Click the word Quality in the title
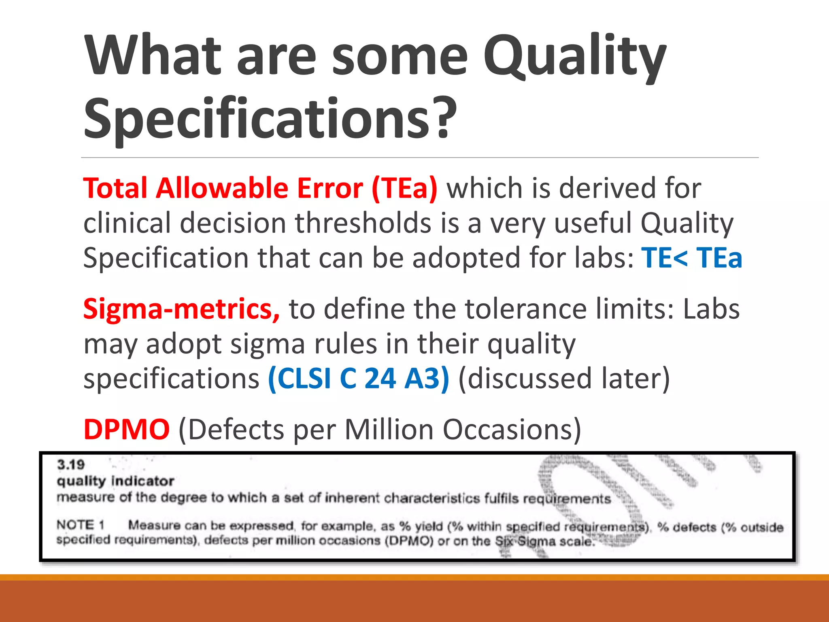click(x=575, y=57)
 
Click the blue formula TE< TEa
click(x=692, y=258)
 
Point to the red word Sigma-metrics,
click(x=181, y=309)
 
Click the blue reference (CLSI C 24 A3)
click(x=359, y=379)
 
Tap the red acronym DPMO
click(x=126, y=430)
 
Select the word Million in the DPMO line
click(x=389, y=430)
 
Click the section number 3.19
click(x=71, y=464)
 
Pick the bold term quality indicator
click(x=115, y=481)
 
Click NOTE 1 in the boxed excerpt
click(x=81, y=525)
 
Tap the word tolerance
click(x=527, y=309)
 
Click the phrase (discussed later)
click(x=564, y=379)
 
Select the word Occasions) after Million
click(x=512, y=430)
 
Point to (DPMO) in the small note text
click(x=409, y=541)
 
